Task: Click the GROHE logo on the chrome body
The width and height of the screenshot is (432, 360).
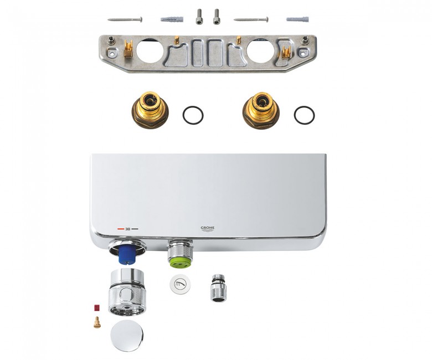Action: point(207,229)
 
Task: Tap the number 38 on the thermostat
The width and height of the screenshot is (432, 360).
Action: point(127,229)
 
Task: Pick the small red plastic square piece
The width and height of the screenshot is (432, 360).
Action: point(97,308)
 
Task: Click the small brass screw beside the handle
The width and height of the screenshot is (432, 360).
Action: point(97,322)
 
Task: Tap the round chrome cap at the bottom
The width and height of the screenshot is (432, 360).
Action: point(127,336)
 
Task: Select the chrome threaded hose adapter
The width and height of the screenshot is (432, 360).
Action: point(218,288)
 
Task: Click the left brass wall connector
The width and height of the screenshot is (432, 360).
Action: point(150,110)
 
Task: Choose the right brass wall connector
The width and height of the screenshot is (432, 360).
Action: point(261,110)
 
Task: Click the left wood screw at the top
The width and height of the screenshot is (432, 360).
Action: point(125,19)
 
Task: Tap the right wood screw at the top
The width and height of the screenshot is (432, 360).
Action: point(251,19)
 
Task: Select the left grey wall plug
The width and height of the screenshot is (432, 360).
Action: point(172,19)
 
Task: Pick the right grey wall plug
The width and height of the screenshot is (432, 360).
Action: point(297,19)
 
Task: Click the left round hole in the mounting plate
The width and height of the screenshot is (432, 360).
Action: point(150,52)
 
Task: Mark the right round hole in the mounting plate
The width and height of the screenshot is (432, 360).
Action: point(261,52)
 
